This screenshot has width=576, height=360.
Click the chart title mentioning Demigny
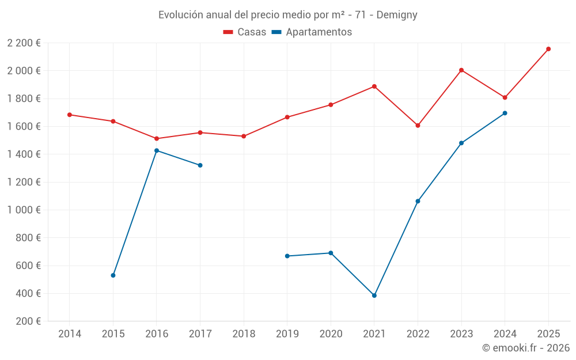(287, 14)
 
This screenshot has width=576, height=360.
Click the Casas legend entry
(245, 32)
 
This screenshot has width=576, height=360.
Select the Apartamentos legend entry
(312, 32)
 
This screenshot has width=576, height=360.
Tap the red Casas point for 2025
(548, 49)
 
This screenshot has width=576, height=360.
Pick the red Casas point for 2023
(461, 70)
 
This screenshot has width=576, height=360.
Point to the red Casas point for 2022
(418, 126)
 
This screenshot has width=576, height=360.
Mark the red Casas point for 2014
(70, 115)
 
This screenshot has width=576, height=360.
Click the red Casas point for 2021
(374, 86)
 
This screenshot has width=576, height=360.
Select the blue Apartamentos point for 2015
(113, 275)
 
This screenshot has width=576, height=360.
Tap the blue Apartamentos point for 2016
(157, 150)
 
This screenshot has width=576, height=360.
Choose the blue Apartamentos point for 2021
(374, 295)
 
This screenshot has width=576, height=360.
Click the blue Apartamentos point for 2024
(505, 113)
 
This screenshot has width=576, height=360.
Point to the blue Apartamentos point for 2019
(287, 256)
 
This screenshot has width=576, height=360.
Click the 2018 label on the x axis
(244, 334)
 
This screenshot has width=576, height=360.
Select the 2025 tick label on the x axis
(548, 334)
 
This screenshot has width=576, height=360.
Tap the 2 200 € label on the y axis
(24, 43)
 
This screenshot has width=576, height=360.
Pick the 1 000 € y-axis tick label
(24, 210)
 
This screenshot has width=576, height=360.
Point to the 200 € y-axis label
(28, 321)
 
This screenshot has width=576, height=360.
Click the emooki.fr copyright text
(525, 348)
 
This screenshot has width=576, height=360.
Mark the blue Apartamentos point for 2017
(200, 165)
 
